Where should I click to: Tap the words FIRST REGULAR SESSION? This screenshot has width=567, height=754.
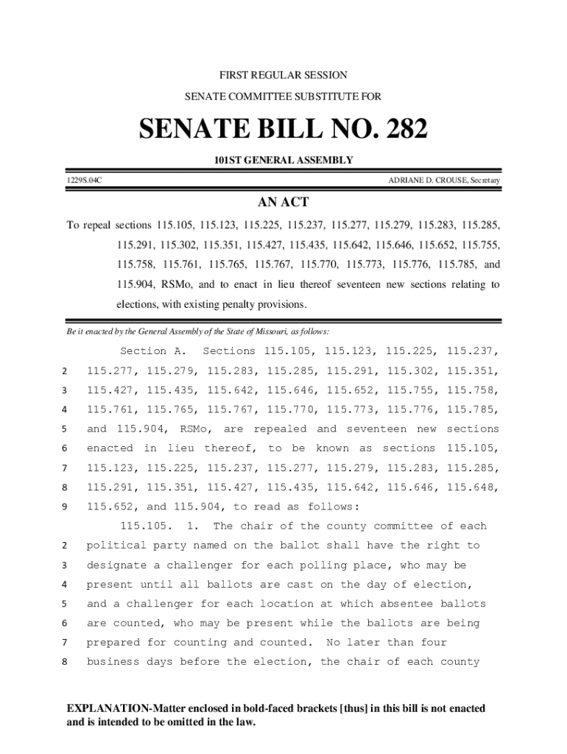pos(283,76)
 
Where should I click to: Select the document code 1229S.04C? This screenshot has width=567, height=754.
pos(82,180)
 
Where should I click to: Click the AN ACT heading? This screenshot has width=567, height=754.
pos(283,202)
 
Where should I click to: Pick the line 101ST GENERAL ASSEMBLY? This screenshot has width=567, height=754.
pos(283,161)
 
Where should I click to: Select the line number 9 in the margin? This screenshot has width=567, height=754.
pos(65,507)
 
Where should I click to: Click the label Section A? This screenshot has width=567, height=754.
pos(153,351)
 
